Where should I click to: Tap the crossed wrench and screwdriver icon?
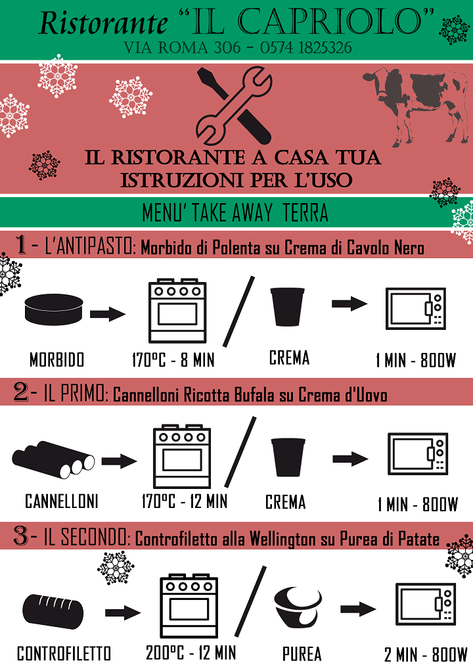(234, 105)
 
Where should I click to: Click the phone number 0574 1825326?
(306, 47)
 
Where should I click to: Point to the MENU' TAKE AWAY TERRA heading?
(235, 212)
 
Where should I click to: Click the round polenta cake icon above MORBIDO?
(54, 310)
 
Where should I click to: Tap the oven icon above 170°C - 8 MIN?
(177, 311)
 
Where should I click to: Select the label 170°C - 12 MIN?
(185, 501)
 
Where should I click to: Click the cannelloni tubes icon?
(53, 459)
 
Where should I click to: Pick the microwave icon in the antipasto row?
(415, 308)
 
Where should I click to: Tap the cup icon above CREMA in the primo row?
(288, 457)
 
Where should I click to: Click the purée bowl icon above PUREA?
(298, 605)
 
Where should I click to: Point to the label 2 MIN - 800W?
(426, 654)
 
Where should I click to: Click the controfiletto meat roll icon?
(53, 611)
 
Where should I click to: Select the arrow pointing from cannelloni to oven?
(119, 461)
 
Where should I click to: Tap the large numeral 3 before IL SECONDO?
(21, 536)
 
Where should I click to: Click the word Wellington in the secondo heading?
(283, 540)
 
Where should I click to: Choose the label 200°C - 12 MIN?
(191, 653)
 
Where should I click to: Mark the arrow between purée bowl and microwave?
(358, 609)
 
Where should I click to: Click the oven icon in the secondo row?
(189, 605)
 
